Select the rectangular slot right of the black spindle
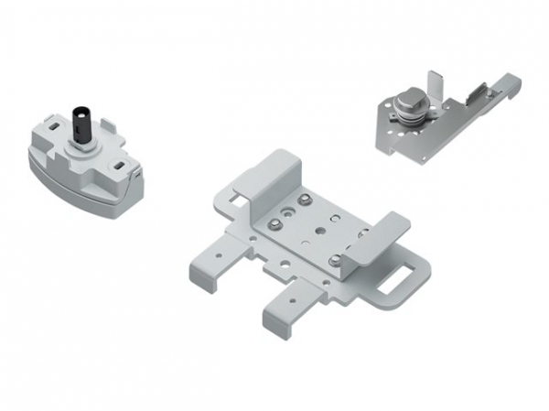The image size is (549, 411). click(119, 166)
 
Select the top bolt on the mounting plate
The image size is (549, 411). click(301, 200)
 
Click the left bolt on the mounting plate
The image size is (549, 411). click(272, 224)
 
